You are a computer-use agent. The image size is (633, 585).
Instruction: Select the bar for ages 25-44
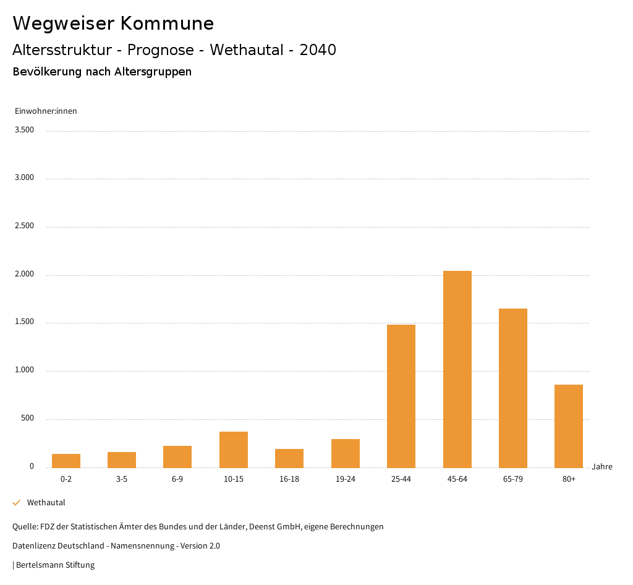(x=401, y=396)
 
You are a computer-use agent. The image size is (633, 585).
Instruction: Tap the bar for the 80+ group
(x=569, y=426)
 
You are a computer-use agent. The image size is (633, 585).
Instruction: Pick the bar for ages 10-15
(x=234, y=450)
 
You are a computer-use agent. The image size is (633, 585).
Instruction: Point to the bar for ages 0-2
(x=66, y=461)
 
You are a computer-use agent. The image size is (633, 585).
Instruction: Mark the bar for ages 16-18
(x=289, y=458)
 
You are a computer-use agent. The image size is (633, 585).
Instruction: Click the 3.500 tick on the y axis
(x=24, y=130)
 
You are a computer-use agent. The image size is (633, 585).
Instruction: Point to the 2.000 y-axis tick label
(x=24, y=274)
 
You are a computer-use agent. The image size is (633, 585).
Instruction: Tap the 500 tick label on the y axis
(x=27, y=419)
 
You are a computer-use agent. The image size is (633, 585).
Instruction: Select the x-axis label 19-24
(x=345, y=479)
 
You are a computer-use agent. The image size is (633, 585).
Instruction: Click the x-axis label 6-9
(x=177, y=479)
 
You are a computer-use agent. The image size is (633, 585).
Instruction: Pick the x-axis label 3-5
(x=122, y=479)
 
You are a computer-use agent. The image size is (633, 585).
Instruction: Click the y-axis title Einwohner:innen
(x=46, y=111)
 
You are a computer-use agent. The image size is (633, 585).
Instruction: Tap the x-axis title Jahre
(x=602, y=467)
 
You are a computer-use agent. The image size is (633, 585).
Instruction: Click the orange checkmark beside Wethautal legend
(x=17, y=503)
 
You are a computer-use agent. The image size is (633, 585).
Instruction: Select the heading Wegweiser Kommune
(x=113, y=23)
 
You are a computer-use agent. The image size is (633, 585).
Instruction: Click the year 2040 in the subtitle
(x=318, y=50)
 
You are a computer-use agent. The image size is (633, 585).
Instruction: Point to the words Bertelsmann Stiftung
(x=55, y=565)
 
